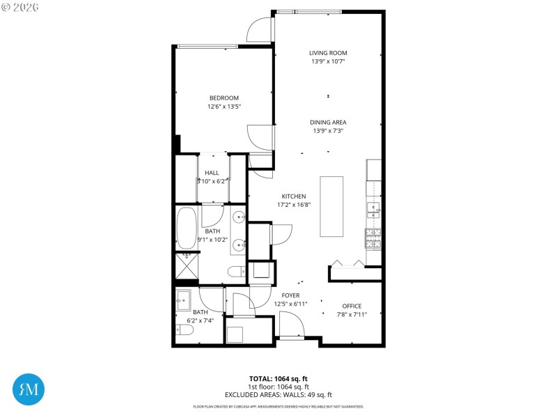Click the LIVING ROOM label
328,53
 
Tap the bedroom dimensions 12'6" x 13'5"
223,107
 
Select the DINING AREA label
328,122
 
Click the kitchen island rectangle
331,207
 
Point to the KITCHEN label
293,196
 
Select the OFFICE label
352,306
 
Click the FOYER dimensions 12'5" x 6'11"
290,304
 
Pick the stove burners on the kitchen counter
374,238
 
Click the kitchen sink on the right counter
374,208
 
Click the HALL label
212,173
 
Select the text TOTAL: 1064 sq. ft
278,379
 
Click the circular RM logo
29,389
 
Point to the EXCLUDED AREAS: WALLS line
278,394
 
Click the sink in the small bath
185,300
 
